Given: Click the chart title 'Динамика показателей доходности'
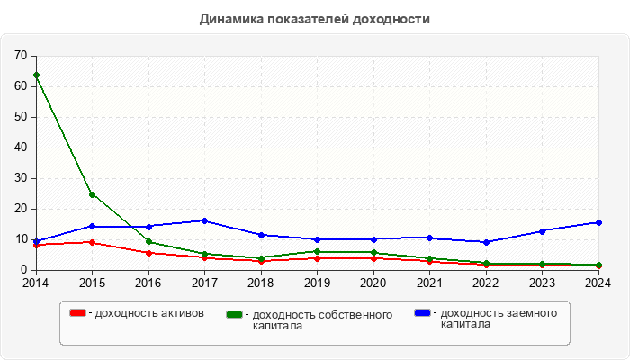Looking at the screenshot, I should [x=314, y=19].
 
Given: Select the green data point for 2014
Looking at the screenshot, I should [x=36, y=75].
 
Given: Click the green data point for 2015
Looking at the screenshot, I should [x=92, y=194].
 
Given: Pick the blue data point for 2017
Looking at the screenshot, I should [x=204, y=220].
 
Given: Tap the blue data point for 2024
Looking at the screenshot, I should [x=598, y=222].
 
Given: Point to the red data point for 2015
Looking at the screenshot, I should [x=92, y=242].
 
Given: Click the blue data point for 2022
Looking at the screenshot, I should [x=486, y=242].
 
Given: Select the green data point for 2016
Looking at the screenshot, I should [x=148, y=241].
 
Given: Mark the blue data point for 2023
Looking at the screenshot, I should [x=542, y=231].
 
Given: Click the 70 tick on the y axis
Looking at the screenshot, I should [x=21, y=56].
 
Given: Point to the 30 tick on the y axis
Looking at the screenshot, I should [x=21, y=178].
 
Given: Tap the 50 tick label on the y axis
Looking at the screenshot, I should [x=21, y=117].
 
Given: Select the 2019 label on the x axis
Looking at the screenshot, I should [x=317, y=282].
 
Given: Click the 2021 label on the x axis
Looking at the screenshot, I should [x=429, y=282].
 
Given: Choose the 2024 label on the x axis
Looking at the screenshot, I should [x=598, y=282].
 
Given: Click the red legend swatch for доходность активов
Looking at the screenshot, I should [x=78, y=313].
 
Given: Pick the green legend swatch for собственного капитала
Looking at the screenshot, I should [x=235, y=315].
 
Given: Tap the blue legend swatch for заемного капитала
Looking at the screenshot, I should [x=422, y=313].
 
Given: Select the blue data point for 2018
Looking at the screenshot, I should [x=261, y=235].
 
